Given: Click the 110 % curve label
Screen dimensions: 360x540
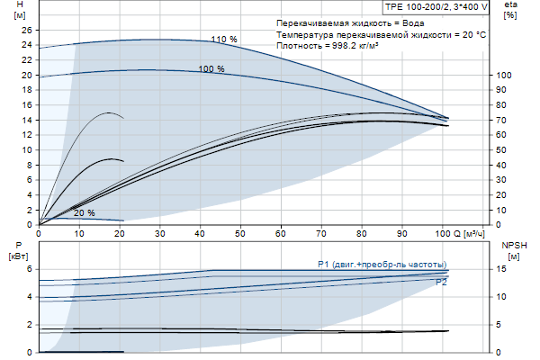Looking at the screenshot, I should point(224,39).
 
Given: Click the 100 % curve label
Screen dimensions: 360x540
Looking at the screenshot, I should point(211,68).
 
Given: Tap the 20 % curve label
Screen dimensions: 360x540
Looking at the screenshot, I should point(84,213).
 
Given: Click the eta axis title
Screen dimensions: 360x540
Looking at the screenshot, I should point(510,6).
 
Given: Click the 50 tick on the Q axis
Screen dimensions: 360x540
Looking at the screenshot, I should point(240,233).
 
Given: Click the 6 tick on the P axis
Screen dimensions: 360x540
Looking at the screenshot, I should point(29,269).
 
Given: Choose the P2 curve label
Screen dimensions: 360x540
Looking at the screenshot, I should point(441,283).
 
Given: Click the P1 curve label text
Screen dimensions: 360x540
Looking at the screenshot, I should point(382,264).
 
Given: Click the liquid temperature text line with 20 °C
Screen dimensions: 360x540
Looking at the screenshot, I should point(382,33).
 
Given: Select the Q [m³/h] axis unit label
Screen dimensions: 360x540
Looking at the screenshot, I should point(472,233).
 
